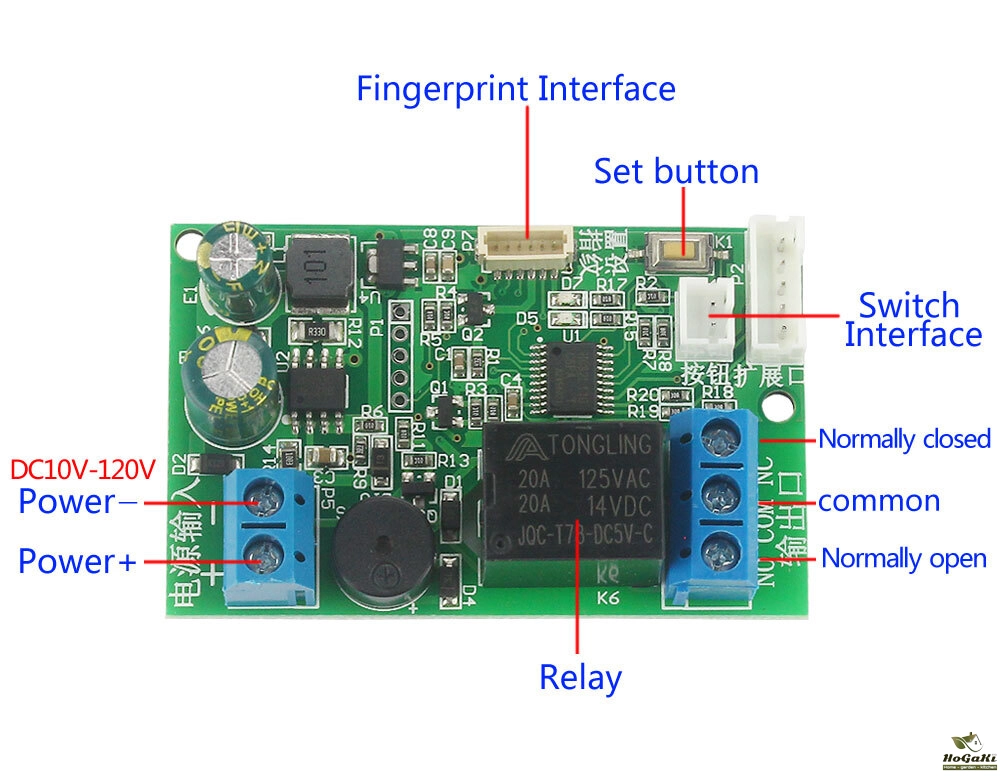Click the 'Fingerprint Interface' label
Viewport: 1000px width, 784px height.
[x=516, y=89]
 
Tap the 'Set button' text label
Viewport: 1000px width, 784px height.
[x=676, y=171]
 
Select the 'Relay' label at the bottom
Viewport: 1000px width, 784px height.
[x=580, y=678]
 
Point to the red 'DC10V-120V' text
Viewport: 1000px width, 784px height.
[x=83, y=469]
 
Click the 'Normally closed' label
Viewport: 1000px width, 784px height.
[x=904, y=439]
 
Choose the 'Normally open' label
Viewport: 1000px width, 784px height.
[x=904, y=559]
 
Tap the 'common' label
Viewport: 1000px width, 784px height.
[x=879, y=500]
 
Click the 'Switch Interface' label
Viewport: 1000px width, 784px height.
[x=912, y=320]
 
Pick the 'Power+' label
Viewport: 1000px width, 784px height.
[x=77, y=562]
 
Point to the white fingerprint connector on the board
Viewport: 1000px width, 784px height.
[x=525, y=244]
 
